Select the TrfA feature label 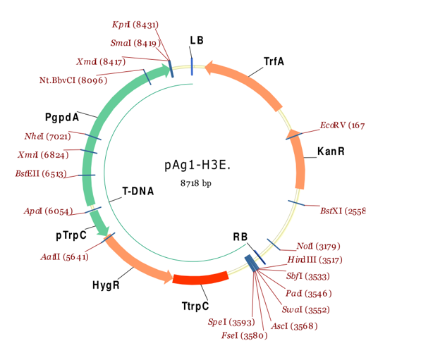point(274,61)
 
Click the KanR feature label point(331,151)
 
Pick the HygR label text point(106,285)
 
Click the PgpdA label point(61,116)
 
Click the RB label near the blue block point(240,237)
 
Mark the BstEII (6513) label point(41,173)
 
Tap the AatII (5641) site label point(65,256)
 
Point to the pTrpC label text point(71,235)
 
